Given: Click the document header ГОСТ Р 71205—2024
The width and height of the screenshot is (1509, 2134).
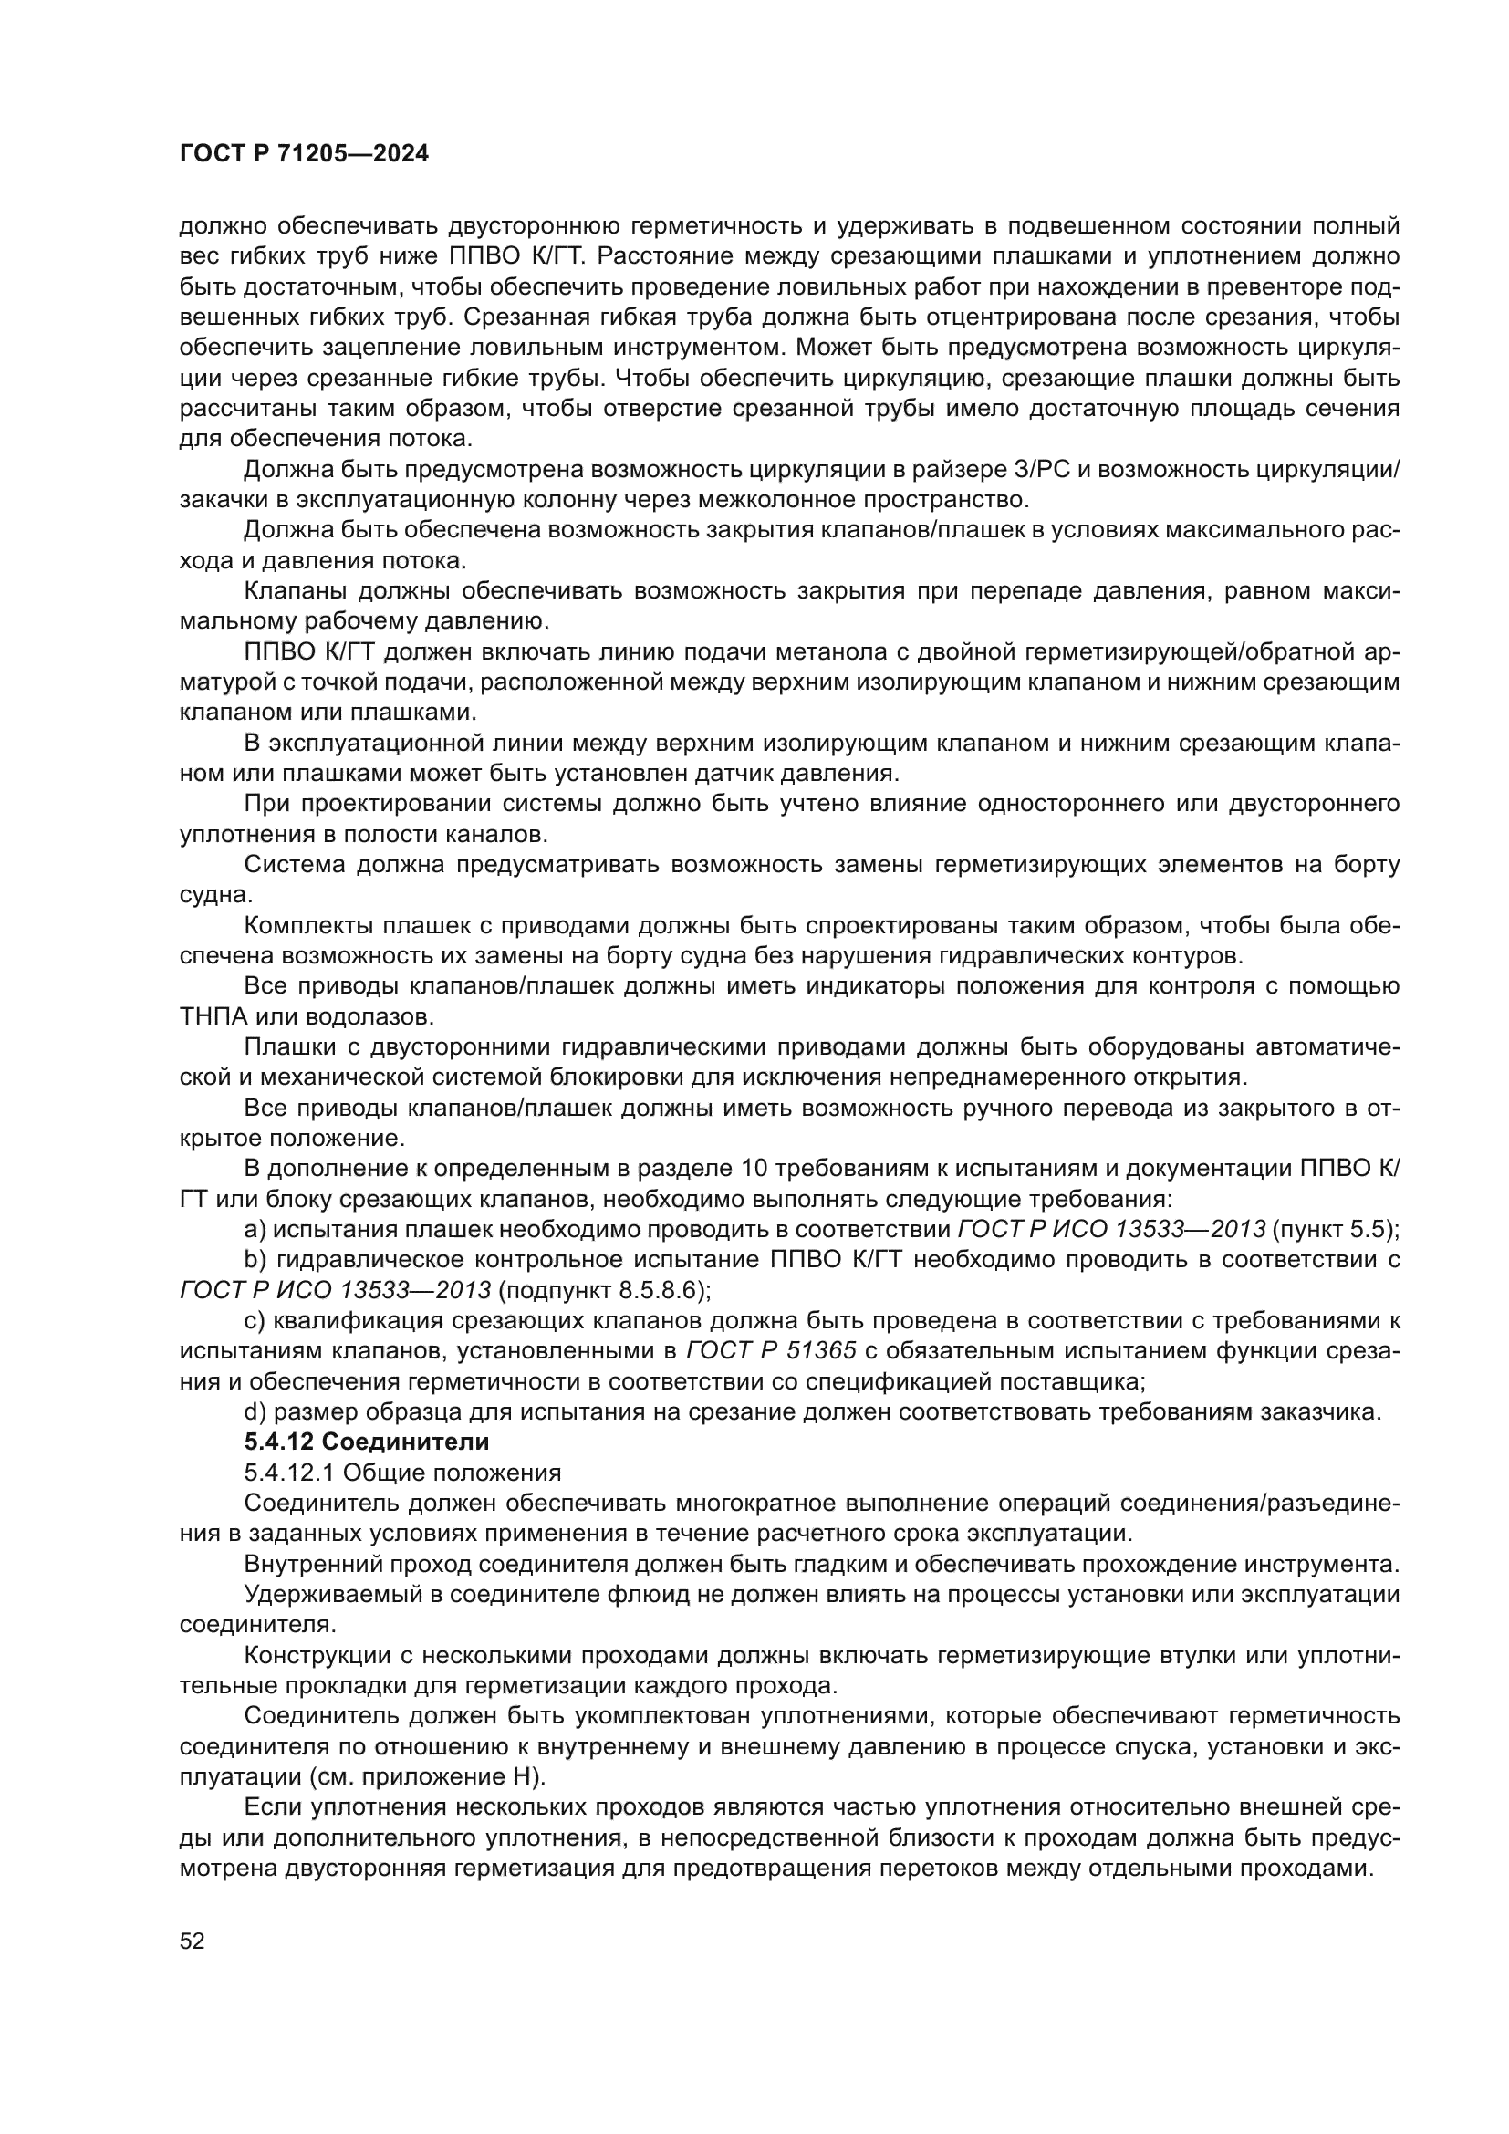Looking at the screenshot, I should click(x=304, y=154).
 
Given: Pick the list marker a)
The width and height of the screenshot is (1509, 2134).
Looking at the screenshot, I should click(x=255, y=1229).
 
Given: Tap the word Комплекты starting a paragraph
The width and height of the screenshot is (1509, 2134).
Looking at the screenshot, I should click(x=307, y=926).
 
